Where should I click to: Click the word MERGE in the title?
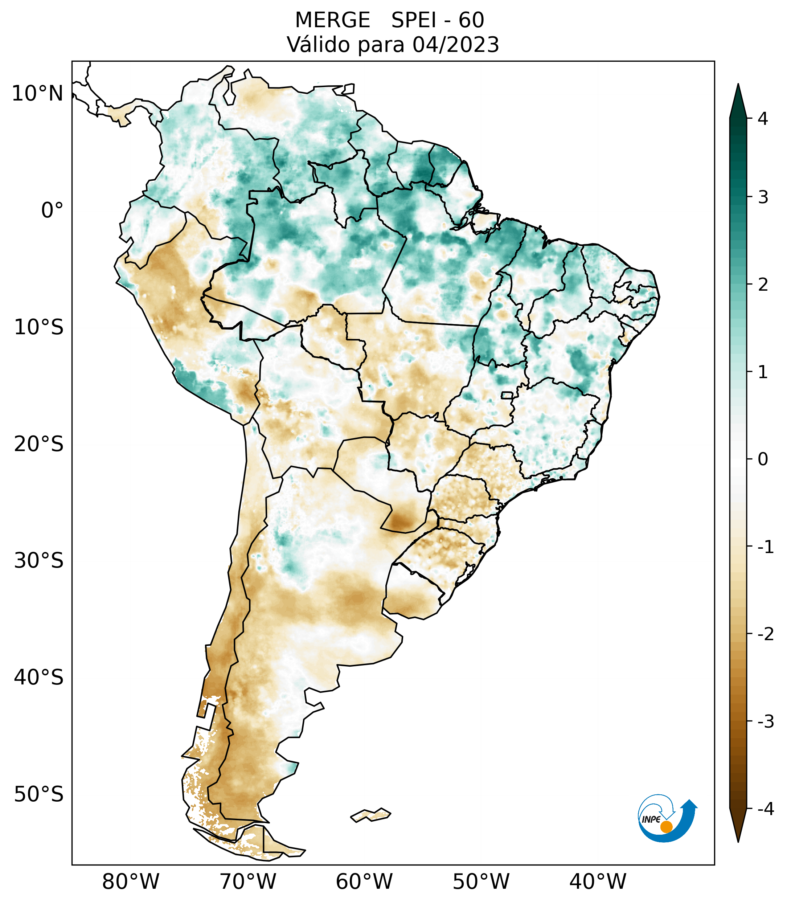click(x=332, y=20)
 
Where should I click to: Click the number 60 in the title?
click(x=471, y=20)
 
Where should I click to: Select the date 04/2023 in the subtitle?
click(x=455, y=45)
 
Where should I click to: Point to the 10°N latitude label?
click(x=38, y=94)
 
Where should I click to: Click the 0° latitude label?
click(x=52, y=210)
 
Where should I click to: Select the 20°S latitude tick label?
click(x=39, y=444)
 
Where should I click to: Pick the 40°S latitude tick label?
click(x=39, y=678)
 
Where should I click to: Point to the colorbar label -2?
click(x=765, y=634)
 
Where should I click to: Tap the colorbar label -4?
click(x=765, y=809)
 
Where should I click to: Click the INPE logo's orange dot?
click(x=666, y=827)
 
